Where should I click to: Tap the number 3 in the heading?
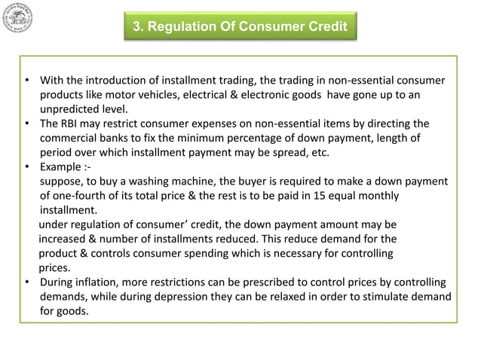[137, 27]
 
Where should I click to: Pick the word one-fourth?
[80, 195]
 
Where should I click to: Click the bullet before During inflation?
[26, 282]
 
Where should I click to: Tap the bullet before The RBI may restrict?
[26, 124]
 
